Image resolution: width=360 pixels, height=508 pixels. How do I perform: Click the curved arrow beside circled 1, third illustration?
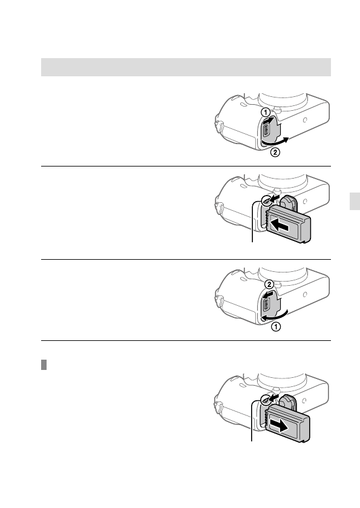[279, 315]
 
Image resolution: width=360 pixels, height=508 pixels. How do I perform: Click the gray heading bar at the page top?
[186, 67]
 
